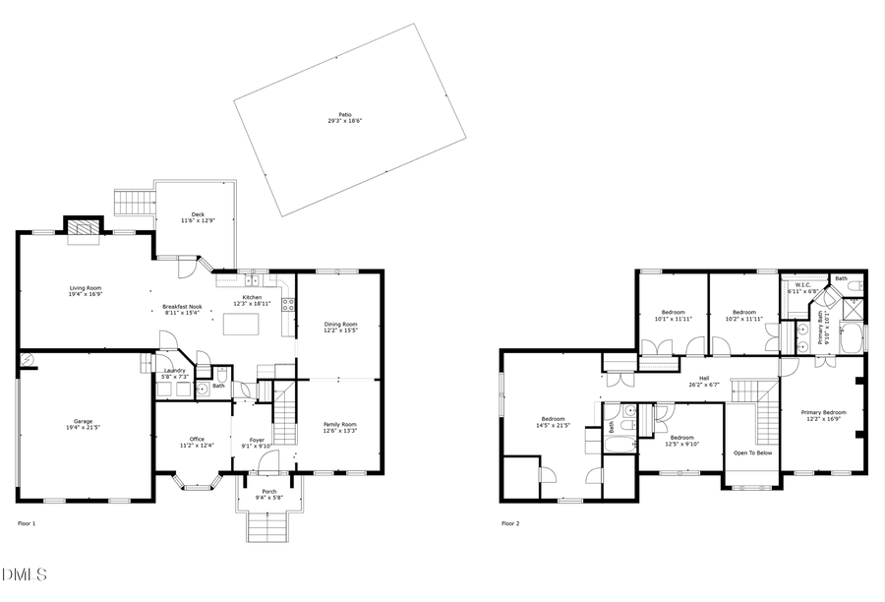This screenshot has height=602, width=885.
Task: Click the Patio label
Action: (x=345, y=115)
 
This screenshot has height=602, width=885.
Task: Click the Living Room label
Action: (x=86, y=288)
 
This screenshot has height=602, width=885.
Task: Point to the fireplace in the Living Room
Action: (x=84, y=228)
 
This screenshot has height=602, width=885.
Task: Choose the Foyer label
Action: (x=257, y=440)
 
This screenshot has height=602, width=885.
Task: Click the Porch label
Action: (x=268, y=492)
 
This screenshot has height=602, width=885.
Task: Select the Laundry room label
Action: (x=173, y=371)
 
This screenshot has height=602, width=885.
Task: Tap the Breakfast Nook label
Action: (x=181, y=307)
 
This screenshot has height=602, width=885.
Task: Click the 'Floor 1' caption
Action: (x=28, y=523)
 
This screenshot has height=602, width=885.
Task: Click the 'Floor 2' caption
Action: (x=510, y=523)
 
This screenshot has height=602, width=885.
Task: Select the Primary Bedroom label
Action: (x=823, y=412)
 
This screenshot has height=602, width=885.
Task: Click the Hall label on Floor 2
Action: (x=703, y=377)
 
